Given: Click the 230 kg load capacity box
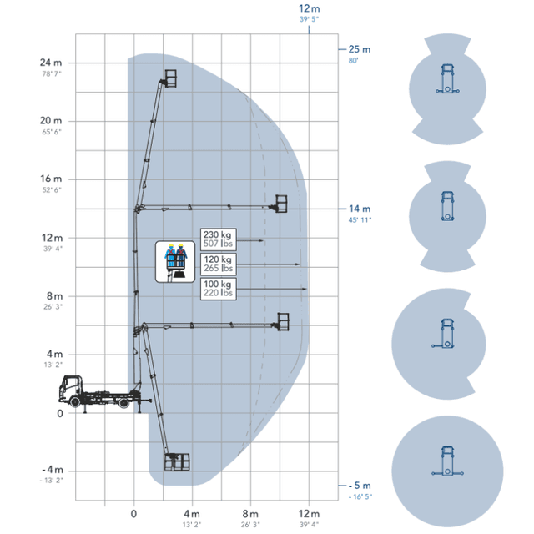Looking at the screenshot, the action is (x=219, y=239).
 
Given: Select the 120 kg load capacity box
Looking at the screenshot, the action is (x=219, y=264).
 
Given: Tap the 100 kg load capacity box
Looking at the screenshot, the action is (x=219, y=289).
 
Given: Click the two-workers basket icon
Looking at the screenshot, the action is (x=175, y=261).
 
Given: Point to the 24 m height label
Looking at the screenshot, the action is (x=51, y=63).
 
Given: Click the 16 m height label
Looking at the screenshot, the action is (x=51, y=179).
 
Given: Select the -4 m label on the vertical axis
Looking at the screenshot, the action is (x=53, y=470).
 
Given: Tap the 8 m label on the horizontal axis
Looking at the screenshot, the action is (x=250, y=514).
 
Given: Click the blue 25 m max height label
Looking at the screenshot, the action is (x=360, y=49).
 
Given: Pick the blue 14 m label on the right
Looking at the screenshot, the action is (x=360, y=209).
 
